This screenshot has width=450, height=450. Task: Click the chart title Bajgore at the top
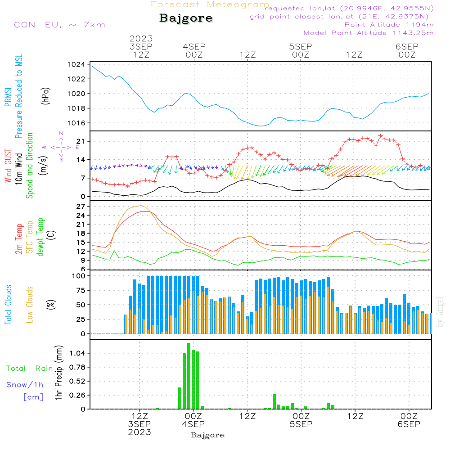coord(186,18)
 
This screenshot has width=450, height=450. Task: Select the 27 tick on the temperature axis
coord(81,206)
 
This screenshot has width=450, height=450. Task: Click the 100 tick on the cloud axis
coord(79,276)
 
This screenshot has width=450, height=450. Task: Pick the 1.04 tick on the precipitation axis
coord(77,353)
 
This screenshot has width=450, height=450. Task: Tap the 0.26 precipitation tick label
coord(77,395)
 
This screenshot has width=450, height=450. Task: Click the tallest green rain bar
coord(189,376)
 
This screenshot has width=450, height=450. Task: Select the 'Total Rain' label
coord(30,368)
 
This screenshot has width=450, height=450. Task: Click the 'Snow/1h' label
coord(25,385)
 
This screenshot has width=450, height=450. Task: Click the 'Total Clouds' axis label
coord(9,304)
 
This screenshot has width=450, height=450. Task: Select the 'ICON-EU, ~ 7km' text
coord(58,25)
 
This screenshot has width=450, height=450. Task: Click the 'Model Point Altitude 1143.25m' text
coord(369,33)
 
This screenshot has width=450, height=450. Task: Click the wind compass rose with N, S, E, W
coord(61,147)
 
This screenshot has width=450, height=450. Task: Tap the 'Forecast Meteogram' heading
coord(210,4)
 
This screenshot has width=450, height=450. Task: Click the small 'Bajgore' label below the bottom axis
coord(207,435)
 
